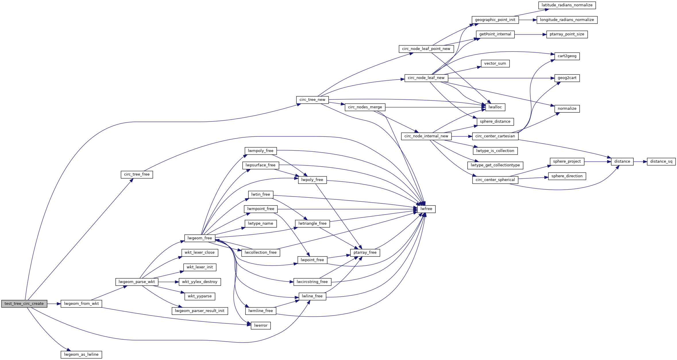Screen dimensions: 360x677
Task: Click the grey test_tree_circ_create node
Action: click(x=24, y=304)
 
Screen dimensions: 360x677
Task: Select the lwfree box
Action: click(x=426, y=209)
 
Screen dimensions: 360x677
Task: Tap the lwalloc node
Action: click(x=495, y=107)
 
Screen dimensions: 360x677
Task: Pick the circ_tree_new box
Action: click(x=312, y=100)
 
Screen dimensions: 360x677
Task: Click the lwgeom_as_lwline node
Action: click(x=81, y=355)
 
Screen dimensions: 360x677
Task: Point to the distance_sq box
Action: click(x=661, y=161)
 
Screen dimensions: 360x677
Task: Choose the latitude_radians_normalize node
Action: click(x=567, y=5)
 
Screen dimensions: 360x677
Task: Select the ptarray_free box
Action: click(x=365, y=253)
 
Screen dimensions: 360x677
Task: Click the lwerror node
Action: click(x=261, y=326)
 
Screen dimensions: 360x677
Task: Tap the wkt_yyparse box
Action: click(x=200, y=296)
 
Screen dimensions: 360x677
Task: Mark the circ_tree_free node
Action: click(x=137, y=174)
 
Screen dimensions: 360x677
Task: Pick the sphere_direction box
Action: click(x=567, y=176)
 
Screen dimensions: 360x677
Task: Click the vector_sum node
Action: click(x=495, y=63)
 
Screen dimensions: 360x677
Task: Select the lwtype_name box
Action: click(x=260, y=224)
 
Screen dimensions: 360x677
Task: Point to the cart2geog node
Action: click(x=567, y=56)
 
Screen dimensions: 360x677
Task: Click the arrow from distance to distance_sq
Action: click(x=640, y=162)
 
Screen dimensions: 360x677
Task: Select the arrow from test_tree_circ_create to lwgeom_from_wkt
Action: click(x=54, y=304)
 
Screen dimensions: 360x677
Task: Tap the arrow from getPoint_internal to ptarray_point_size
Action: click(x=530, y=34)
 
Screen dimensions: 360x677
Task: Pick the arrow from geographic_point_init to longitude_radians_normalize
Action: click(x=528, y=20)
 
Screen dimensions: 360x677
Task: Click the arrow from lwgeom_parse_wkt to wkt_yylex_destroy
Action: click(x=168, y=282)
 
